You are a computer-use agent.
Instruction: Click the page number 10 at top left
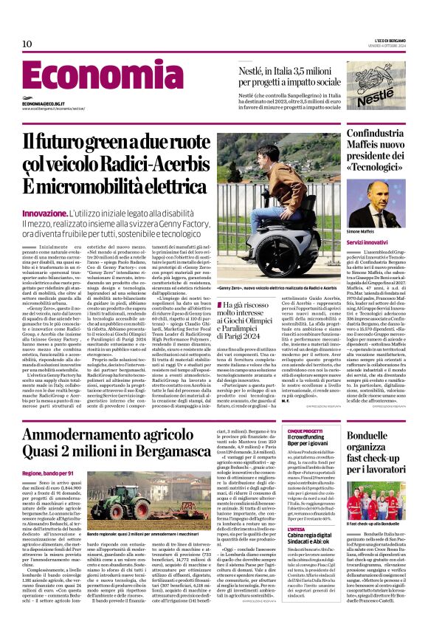27,44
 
